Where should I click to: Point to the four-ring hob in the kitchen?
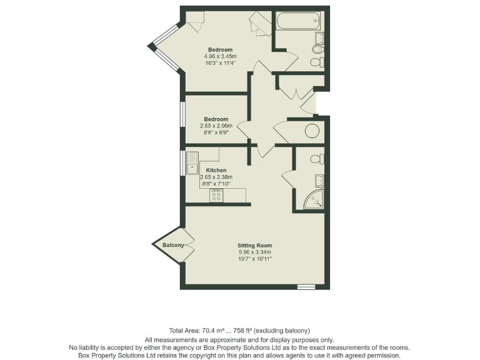point(216,196)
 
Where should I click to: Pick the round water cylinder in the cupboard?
point(311,131)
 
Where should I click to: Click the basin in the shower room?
point(319,181)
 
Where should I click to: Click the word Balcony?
point(173,245)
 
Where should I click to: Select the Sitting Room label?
point(254,245)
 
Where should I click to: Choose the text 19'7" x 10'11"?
point(254,259)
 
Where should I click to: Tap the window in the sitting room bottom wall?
point(306,287)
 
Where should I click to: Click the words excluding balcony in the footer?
point(284,330)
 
